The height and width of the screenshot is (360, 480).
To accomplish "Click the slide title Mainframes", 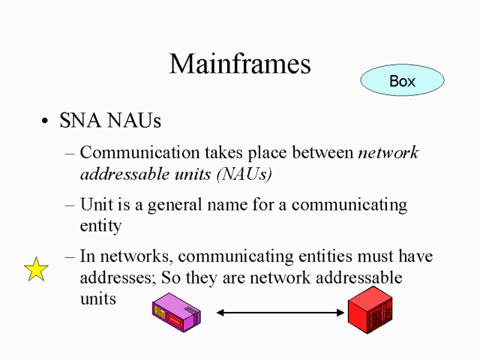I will [240, 64].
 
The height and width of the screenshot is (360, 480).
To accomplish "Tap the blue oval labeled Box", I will [402, 81].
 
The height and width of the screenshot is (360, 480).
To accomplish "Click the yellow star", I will [36, 268].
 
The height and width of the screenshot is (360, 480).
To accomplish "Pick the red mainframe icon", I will [370, 310].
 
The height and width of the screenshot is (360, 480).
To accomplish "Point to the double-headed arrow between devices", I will [280, 312].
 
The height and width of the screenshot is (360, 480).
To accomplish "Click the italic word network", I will [388, 153].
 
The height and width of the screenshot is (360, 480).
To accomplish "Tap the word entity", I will [101, 226].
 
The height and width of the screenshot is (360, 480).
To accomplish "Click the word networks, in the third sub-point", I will [139, 256].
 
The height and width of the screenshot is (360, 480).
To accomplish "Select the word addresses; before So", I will [117, 277].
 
